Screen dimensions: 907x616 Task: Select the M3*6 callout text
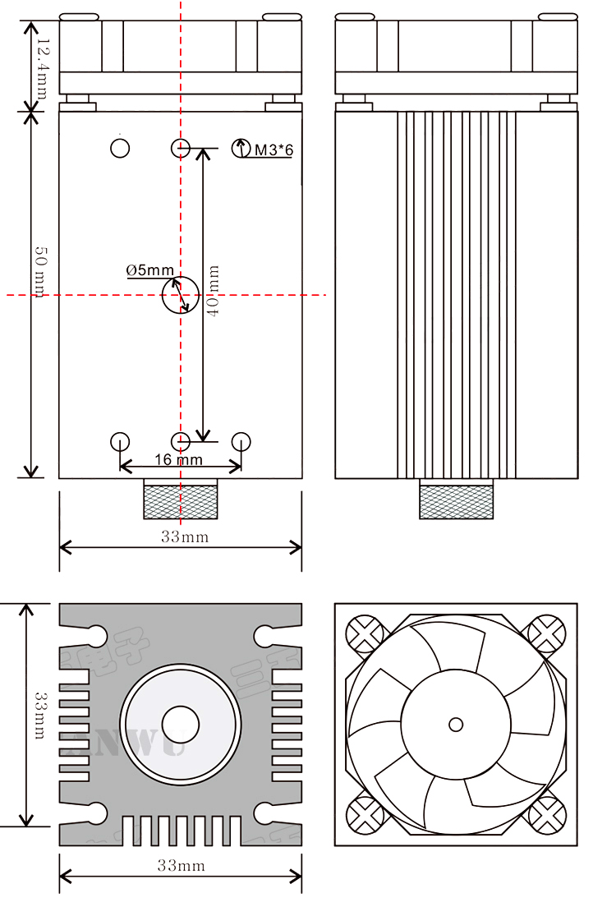(274, 150)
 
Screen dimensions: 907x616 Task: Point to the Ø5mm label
(149, 270)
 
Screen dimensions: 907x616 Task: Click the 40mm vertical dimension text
(214, 292)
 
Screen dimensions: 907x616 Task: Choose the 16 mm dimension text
(178, 459)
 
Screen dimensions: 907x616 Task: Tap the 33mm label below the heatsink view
(181, 865)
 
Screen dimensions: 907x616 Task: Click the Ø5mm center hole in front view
(180, 295)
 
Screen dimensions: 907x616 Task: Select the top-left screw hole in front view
(120, 148)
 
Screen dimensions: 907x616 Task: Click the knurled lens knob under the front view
(181, 500)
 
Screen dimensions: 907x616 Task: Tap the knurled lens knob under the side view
(457, 500)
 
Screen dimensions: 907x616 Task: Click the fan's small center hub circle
(456, 724)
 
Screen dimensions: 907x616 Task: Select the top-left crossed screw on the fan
(365, 634)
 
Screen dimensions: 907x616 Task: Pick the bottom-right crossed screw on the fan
(546, 814)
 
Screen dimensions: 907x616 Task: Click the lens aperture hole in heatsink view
(181, 724)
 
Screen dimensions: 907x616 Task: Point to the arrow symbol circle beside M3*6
(241, 149)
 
